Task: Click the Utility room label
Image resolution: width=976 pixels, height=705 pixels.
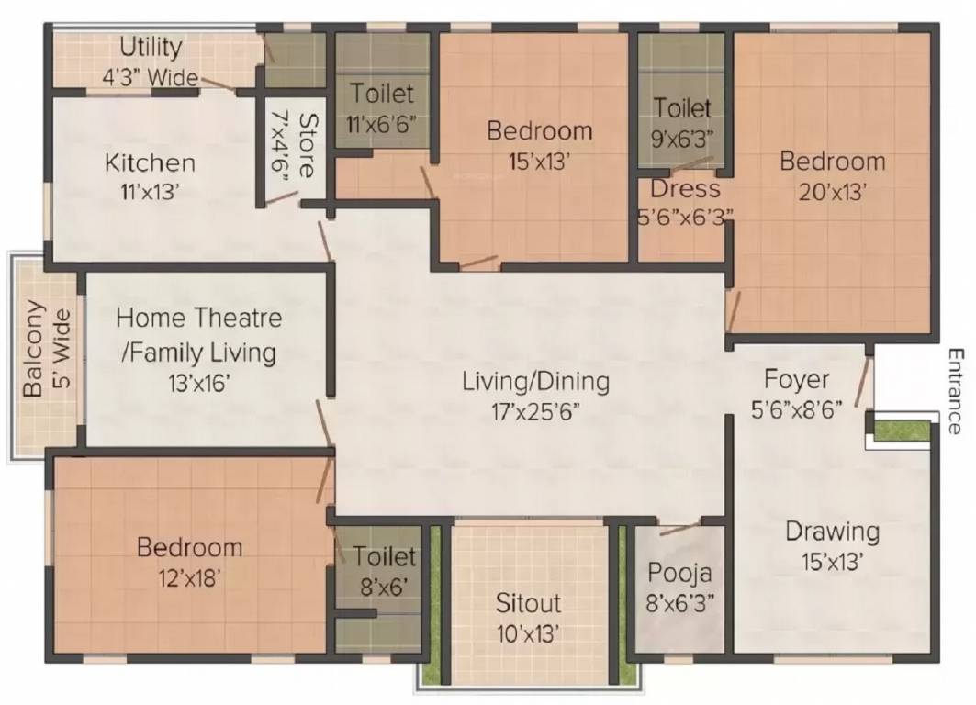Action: (x=151, y=48)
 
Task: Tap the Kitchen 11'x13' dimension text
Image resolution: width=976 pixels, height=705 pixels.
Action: (x=150, y=192)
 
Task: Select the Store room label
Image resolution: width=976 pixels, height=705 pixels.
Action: (x=308, y=146)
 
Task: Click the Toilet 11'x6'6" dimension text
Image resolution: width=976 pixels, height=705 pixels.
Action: (x=381, y=125)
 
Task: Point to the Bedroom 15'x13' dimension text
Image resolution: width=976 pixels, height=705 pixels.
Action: (x=539, y=162)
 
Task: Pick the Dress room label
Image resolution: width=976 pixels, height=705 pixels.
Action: (x=685, y=188)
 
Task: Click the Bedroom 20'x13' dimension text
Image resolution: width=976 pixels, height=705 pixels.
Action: (x=833, y=192)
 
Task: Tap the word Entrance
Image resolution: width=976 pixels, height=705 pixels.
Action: (x=954, y=391)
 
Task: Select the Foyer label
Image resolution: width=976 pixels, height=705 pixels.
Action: (x=796, y=379)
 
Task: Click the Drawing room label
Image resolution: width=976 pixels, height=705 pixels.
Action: (x=833, y=532)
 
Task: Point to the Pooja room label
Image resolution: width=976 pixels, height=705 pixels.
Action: (x=679, y=573)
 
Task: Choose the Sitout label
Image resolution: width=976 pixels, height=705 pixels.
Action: (x=529, y=602)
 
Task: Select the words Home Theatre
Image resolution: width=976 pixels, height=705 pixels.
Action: (x=199, y=318)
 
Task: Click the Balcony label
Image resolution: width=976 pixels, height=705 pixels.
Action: (x=34, y=349)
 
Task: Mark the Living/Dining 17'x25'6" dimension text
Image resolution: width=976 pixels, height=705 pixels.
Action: (x=536, y=411)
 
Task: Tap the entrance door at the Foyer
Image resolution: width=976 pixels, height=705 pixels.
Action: (x=863, y=381)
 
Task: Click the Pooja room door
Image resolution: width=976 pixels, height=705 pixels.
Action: (x=679, y=529)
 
